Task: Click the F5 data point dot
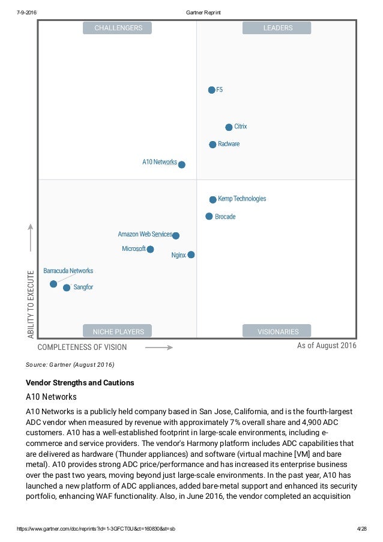[x=211, y=90]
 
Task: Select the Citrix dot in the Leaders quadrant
[x=229, y=127]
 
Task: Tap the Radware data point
[x=213, y=145]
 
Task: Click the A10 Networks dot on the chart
[x=182, y=164]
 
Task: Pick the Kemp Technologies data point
[x=213, y=199]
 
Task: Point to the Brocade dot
[x=209, y=216]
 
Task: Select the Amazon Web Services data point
[x=175, y=236]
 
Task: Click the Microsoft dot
[x=150, y=249]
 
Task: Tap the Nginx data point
[x=191, y=255]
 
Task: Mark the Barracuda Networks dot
[x=53, y=283]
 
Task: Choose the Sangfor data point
[x=67, y=288]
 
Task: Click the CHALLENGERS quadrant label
[x=118, y=28]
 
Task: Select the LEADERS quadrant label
[x=277, y=28]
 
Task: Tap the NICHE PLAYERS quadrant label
[x=118, y=331]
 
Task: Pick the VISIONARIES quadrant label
[x=277, y=331]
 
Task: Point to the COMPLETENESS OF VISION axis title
[x=82, y=347]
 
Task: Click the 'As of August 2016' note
[x=327, y=346]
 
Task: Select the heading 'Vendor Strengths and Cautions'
[x=80, y=383]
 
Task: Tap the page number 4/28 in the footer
[x=361, y=528]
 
